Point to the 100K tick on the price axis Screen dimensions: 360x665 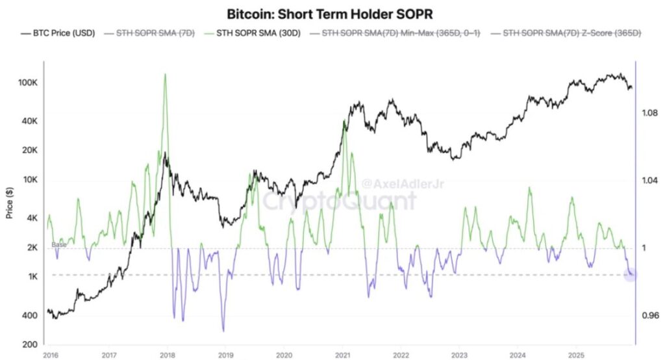point(27,83)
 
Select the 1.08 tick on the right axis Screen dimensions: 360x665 point(650,113)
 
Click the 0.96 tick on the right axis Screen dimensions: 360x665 point(650,316)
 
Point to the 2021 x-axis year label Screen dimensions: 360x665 point(342,355)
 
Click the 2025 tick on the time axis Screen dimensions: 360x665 point(576,355)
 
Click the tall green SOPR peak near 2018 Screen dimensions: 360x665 point(165,75)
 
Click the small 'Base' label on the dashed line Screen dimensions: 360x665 point(58,244)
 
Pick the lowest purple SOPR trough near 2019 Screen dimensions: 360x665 point(224,330)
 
